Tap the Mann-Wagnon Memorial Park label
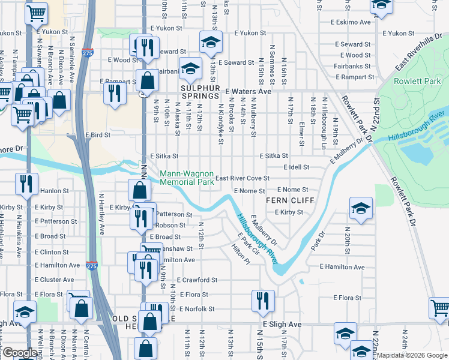pos(187,178)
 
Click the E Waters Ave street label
pos(248,92)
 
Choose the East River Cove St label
pos(243,178)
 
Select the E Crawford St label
pos(197,280)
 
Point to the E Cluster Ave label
pos(54,280)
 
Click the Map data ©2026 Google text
pos(411,355)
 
